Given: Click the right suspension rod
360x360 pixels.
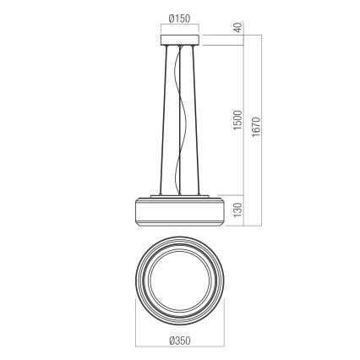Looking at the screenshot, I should (198, 118).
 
